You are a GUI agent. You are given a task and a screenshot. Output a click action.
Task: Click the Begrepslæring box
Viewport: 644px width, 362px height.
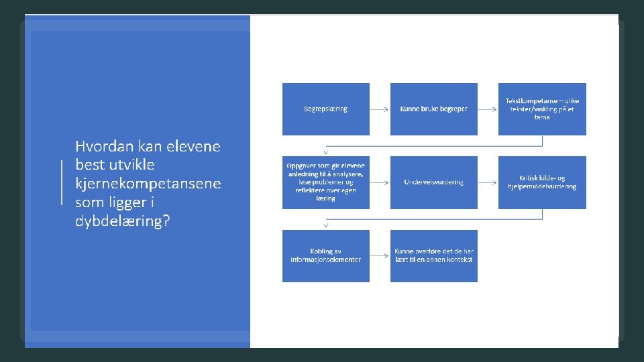click(325, 109)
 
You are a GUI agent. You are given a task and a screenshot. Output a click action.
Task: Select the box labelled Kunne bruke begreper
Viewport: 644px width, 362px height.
click(433, 109)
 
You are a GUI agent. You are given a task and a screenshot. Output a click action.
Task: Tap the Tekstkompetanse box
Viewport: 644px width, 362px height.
click(542, 109)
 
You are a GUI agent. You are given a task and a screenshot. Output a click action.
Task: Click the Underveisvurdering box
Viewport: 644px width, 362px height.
click(433, 182)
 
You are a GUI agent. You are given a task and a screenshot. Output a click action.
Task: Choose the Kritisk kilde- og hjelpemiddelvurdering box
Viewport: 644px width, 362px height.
click(542, 182)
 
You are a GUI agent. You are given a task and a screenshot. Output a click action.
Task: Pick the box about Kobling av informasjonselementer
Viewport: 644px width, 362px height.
click(325, 255)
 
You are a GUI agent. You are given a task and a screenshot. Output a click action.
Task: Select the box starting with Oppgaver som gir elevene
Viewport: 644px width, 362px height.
click(325, 182)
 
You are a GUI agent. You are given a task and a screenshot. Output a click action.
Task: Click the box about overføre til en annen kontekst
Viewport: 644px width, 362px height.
click(433, 255)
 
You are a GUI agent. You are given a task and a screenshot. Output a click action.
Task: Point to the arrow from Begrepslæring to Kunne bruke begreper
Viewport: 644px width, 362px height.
click(380, 109)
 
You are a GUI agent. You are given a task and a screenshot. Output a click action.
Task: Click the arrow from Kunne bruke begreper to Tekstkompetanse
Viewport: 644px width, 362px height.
click(488, 109)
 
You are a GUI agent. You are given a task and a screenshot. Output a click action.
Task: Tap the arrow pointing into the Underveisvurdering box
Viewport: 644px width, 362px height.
click(380, 182)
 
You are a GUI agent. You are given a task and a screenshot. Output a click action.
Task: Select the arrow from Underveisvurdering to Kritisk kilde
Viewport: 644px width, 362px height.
click(488, 182)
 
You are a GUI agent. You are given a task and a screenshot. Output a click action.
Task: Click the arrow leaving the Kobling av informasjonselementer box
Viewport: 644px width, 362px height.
click(380, 256)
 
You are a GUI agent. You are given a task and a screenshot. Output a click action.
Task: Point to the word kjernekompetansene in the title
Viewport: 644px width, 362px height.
click(148, 184)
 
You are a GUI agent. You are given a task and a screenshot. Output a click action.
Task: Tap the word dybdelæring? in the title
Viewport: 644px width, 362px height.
click(122, 221)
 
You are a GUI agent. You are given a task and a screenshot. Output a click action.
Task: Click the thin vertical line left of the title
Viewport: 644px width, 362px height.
click(62, 182)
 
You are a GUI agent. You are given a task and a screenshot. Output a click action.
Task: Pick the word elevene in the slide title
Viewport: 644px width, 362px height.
click(193, 146)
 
